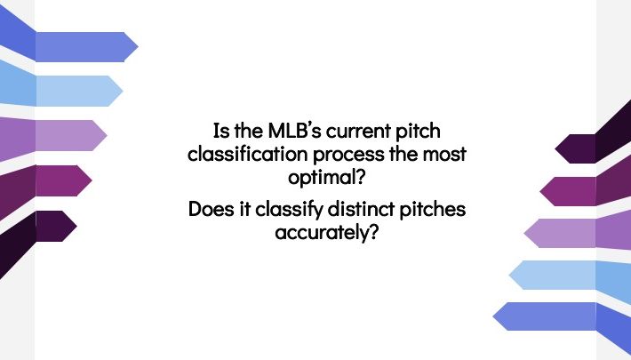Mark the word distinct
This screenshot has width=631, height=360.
click(x=361, y=209)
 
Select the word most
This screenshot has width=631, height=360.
click(x=444, y=155)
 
